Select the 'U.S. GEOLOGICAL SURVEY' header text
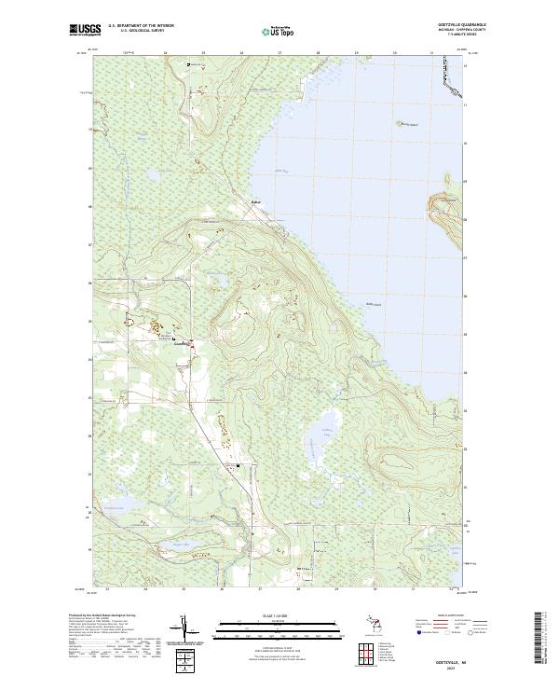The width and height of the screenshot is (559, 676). [136, 32]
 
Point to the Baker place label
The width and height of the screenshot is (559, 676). [256, 201]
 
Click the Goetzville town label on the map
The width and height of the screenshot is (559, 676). [182, 344]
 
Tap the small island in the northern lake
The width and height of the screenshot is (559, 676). [407, 122]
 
